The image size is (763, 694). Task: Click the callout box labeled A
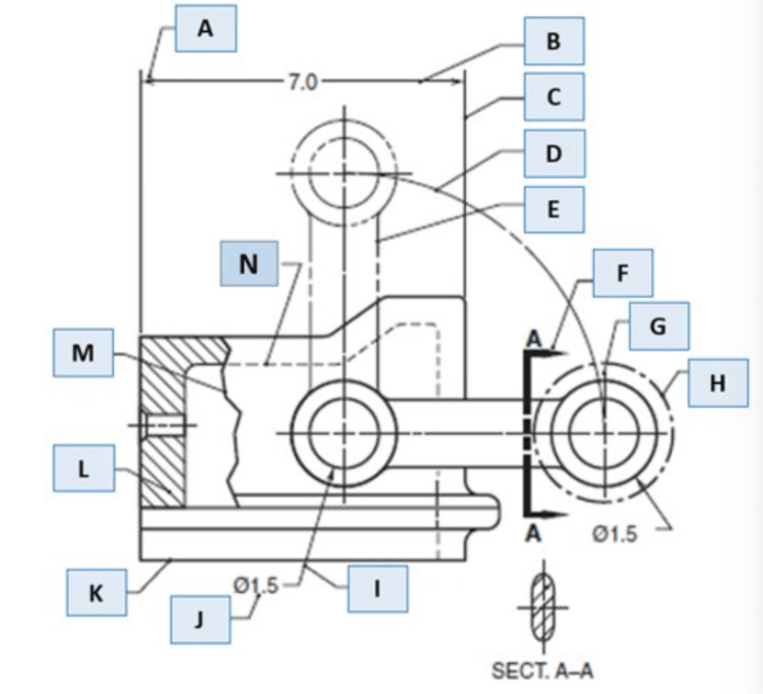pos(206,28)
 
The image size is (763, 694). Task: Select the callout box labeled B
pos(555,41)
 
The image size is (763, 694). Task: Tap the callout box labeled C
pos(555,97)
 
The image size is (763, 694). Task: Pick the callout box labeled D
pos(555,153)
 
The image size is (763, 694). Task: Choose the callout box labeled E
pos(555,210)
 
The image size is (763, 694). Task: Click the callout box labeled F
pos(623,273)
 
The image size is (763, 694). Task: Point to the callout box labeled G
pos(659,326)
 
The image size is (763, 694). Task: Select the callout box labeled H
pos(718,383)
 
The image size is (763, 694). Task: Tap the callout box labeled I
pos(377,588)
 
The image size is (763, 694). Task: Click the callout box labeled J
pos(200,620)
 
